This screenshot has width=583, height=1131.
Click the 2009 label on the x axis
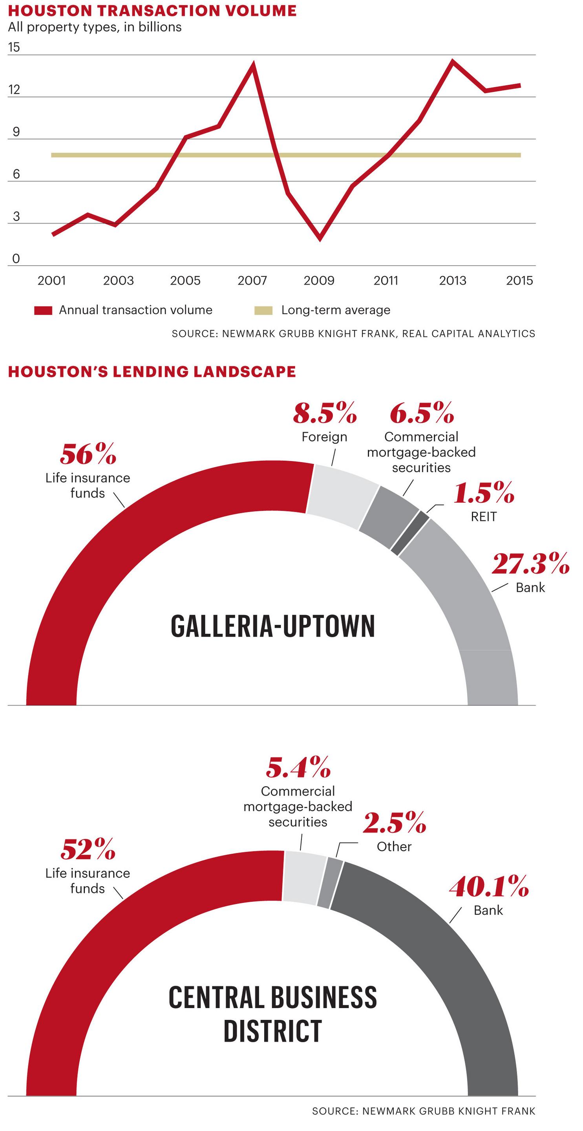pos(319,280)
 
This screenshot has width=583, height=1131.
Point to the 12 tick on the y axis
pos(14,90)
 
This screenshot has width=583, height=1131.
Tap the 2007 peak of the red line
pos(253,64)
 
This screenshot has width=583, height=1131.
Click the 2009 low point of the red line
pos(320,238)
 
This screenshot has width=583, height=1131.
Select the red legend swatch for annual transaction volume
pos(43,310)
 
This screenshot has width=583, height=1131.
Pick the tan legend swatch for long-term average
pos(263,310)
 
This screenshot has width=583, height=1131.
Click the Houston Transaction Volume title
pos(152,11)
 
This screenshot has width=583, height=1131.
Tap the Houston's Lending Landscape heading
pos(152,372)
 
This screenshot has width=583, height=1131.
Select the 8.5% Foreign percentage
pos(325,414)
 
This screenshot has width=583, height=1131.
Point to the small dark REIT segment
pos(410,533)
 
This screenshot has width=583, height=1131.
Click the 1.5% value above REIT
pos(484,493)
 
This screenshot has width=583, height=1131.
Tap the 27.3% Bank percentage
pos(530,564)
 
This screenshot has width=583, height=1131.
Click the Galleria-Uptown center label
pos(272,626)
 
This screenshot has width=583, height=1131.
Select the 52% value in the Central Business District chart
pos(88,849)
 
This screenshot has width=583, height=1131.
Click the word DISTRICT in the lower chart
pos(272,1031)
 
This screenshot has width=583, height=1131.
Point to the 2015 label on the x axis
pos(519,280)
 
